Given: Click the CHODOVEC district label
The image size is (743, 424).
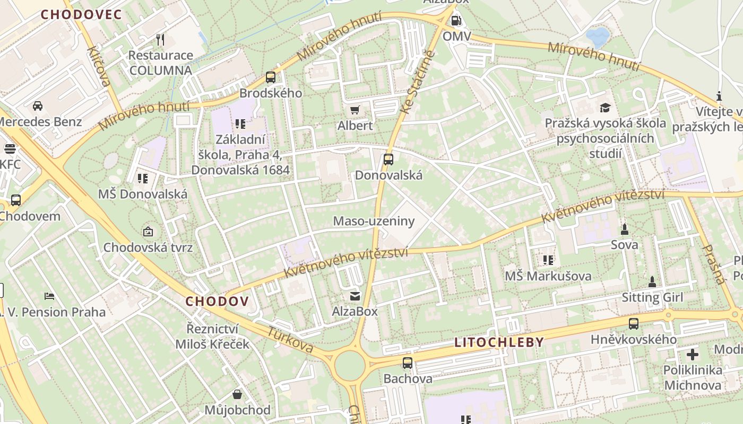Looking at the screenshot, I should (x=81, y=14).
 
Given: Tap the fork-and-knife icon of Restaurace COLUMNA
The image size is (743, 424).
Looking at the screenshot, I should (x=160, y=40).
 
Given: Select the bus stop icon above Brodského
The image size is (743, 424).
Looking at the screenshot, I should (x=271, y=77).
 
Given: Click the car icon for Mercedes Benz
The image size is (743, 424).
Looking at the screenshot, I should (x=38, y=106).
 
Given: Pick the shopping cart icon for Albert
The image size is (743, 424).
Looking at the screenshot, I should (x=355, y=110).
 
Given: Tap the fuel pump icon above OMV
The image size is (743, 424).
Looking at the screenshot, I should (x=455, y=21).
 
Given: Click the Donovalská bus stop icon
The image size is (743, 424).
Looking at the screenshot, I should (x=388, y=159).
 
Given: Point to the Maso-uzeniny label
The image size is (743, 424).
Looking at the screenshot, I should (x=373, y=221).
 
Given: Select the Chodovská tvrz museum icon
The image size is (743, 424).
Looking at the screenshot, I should (x=148, y=232).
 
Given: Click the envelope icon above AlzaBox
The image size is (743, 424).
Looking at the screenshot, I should (x=355, y=296).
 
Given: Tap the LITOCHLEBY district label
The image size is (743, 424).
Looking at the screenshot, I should (x=499, y=342).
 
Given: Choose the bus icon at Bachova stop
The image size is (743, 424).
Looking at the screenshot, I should (x=407, y=363).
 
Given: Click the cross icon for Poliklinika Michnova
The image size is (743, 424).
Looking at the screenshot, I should (x=693, y=355).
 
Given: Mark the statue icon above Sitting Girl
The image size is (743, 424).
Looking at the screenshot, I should (x=652, y=281).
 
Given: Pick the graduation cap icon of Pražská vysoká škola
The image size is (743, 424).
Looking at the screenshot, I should (x=606, y=108).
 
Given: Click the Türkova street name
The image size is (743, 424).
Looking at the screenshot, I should (x=290, y=340).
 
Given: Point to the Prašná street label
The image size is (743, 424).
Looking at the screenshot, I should (x=714, y=264).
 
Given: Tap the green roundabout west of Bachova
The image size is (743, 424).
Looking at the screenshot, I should (x=350, y=366).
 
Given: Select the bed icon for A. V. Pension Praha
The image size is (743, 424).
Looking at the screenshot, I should (x=49, y=296).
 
